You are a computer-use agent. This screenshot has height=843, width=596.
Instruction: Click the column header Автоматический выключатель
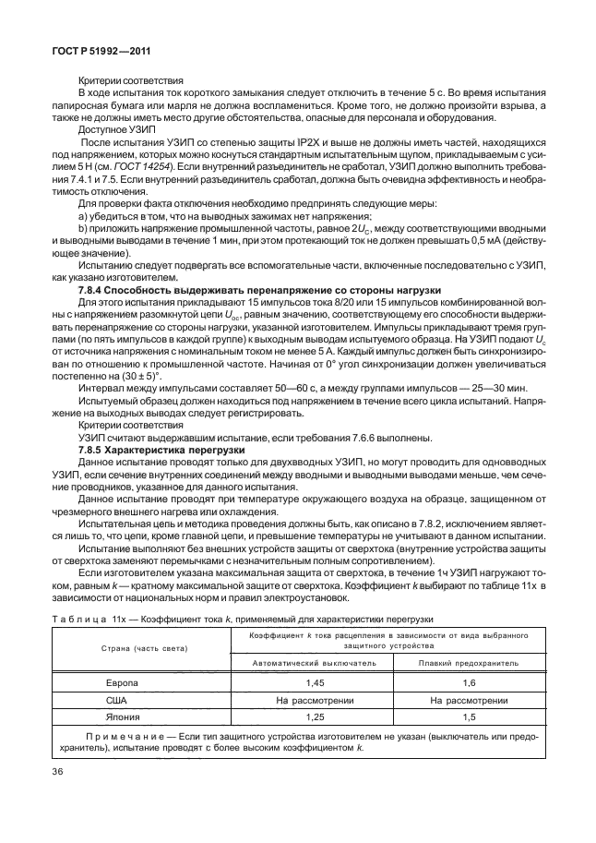click(315, 662)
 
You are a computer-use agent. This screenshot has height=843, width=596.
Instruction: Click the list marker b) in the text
click(84, 226)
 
